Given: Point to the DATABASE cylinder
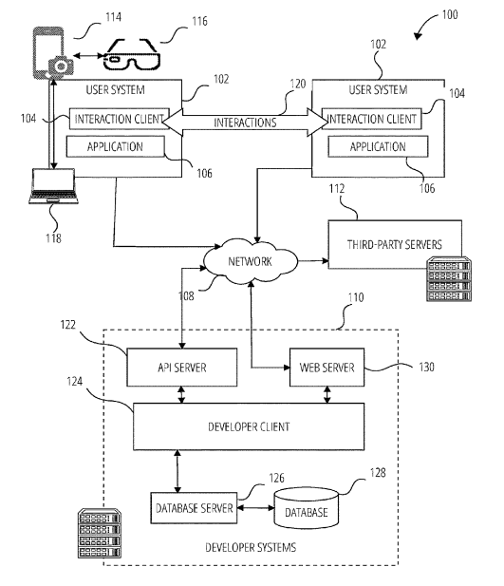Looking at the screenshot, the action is (307, 508).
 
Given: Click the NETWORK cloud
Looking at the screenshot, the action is (251, 261).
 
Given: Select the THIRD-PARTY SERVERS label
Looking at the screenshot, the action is (395, 245).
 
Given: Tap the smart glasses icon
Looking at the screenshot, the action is (132, 54).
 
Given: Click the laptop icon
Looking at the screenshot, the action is (53, 186).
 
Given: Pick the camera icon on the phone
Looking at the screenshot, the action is (61, 66).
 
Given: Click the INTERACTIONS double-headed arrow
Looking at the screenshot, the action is (245, 123).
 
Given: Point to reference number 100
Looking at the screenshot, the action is (450, 14).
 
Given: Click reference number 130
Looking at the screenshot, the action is (426, 367).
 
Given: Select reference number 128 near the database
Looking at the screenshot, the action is (378, 473).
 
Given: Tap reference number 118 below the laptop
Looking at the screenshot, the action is (53, 238).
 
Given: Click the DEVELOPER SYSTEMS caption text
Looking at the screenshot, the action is (251, 547).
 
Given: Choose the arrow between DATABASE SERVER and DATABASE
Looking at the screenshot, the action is (256, 508).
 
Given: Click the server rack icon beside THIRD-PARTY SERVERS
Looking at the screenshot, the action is (449, 279).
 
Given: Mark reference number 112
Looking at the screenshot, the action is (337, 189).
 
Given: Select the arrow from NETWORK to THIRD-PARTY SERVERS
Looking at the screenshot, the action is (313, 260).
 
